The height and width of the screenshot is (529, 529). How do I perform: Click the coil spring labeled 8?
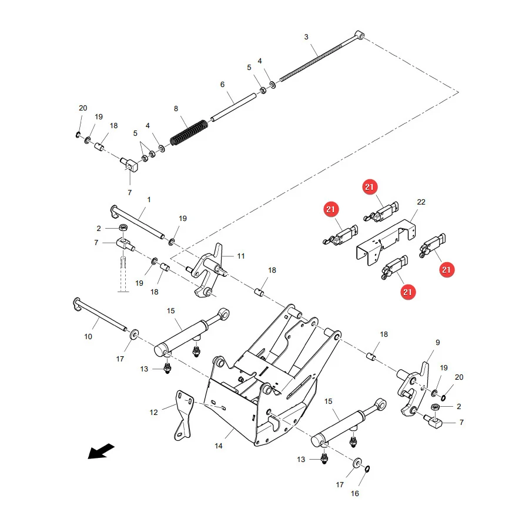189,132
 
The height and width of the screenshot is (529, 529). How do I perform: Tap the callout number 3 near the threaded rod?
306,37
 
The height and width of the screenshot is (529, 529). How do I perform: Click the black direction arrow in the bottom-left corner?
101,451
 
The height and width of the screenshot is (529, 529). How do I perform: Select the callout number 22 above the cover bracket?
421,202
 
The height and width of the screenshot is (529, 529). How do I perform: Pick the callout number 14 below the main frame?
219,446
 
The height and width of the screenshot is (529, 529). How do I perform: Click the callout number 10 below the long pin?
88,336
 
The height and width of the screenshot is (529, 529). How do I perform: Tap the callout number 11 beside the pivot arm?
241,256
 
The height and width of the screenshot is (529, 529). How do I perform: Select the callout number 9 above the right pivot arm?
437,343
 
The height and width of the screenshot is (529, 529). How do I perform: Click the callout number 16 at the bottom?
354,493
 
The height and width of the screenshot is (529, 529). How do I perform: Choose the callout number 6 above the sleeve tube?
222,84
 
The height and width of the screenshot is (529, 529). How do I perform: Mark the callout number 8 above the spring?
176,109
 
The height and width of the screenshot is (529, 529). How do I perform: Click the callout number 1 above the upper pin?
149,200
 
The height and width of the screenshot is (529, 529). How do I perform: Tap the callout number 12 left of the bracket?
153,412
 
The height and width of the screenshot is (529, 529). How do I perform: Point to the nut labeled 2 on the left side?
123,227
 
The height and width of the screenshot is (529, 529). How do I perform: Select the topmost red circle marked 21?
370,187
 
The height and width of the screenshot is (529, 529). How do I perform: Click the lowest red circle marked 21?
407,292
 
